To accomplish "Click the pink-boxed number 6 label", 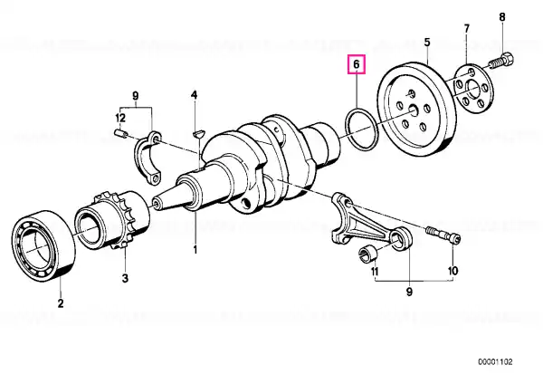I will (x=357, y=65).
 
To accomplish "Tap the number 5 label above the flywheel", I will (x=426, y=41).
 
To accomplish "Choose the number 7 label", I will (x=468, y=27).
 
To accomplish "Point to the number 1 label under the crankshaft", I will (x=195, y=248).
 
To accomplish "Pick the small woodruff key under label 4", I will (x=198, y=135).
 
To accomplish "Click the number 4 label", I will (x=194, y=94).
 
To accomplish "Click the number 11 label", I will (x=376, y=272).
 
